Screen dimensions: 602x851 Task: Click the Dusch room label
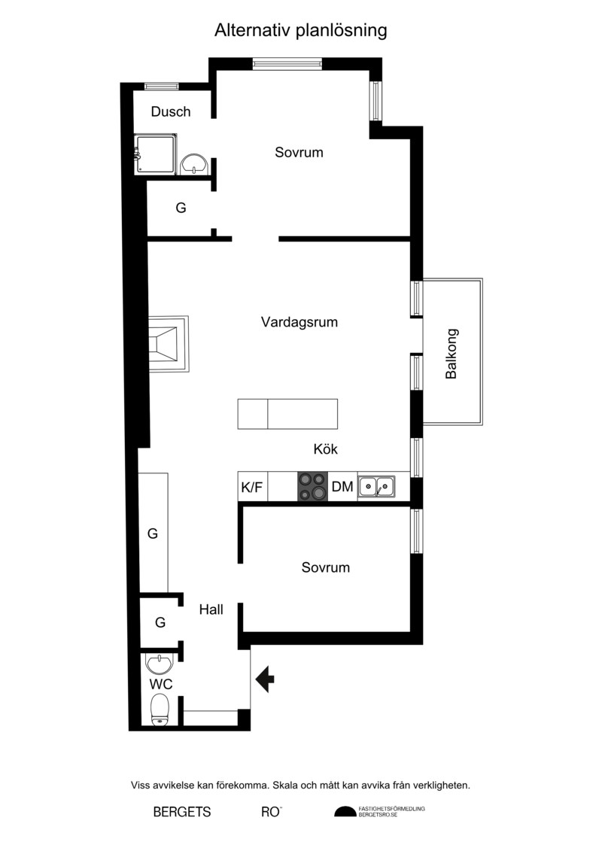[171, 112]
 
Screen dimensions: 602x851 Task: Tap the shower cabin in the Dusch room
[155, 155]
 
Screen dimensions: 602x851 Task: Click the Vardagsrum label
[299, 322]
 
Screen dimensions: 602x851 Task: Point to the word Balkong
[451, 354]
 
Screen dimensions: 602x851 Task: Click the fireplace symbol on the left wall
[169, 344]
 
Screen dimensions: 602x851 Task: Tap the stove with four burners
[313, 486]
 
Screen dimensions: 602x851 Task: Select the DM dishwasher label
[342, 487]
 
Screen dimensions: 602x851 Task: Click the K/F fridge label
[251, 488]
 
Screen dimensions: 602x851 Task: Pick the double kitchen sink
[377, 486]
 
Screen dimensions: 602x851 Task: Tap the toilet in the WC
[161, 710]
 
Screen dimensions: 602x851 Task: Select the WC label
[161, 685]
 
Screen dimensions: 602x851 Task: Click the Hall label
[211, 609]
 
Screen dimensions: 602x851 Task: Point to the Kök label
[326, 449]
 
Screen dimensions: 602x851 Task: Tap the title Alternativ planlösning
[301, 30]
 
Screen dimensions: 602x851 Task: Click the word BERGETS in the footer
[182, 812]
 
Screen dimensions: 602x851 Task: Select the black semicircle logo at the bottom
[345, 811]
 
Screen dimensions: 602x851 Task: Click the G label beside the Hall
[160, 622]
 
